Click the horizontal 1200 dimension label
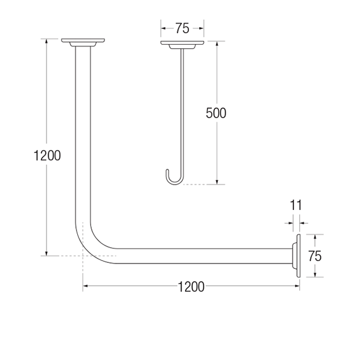pos(191,287)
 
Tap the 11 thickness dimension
pos(296,205)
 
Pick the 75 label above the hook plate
pos(182,27)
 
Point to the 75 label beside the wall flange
pos(314,255)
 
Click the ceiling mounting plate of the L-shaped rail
pos(83,42)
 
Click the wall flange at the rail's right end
pos(296,256)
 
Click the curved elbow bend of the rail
pos(89,241)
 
